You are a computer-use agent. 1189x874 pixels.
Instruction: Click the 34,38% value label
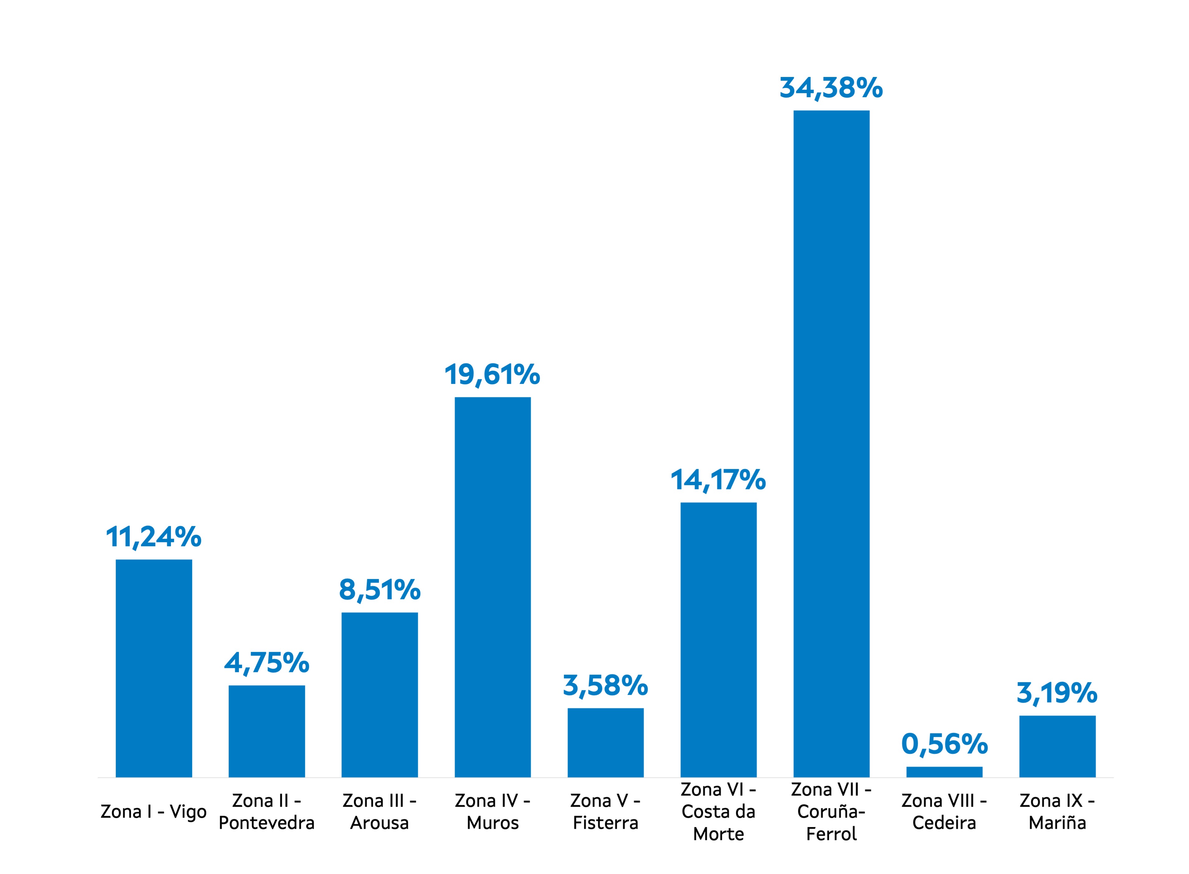coord(831,88)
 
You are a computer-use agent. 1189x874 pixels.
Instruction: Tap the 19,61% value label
coord(492,375)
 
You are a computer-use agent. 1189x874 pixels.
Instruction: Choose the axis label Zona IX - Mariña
coord(1057,812)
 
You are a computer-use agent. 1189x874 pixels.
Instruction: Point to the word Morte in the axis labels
coord(718,834)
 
